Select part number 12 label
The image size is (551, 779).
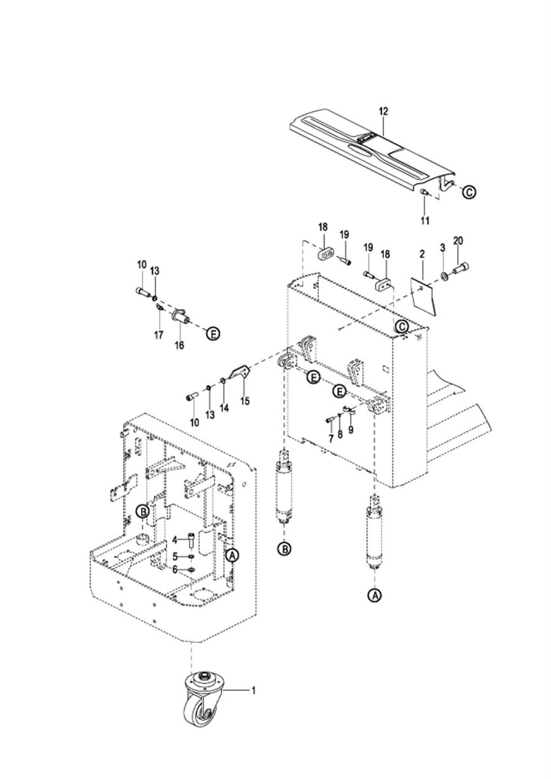point(383,111)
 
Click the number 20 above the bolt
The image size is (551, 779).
point(458,241)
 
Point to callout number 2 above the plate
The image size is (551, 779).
point(422,254)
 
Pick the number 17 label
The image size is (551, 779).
point(159,335)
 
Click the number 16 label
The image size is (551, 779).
point(179,345)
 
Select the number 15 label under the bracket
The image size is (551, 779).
point(245,401)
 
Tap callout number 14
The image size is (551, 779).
point(224,408)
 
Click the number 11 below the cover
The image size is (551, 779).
point(425,220)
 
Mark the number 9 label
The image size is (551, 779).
point(351,430)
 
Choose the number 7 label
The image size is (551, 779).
point(331,438)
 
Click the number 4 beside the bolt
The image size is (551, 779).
point(175,540)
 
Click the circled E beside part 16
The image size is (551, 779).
point(213,334)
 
